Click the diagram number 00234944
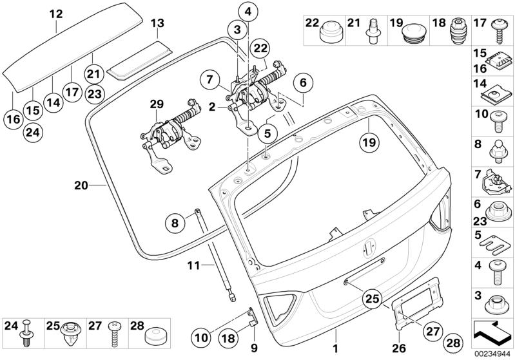tap(494, 354)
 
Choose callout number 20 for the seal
tap(81, 185)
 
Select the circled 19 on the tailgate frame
tap(367, 140)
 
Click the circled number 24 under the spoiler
tap(32, 132)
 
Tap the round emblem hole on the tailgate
tap(371, 246)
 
